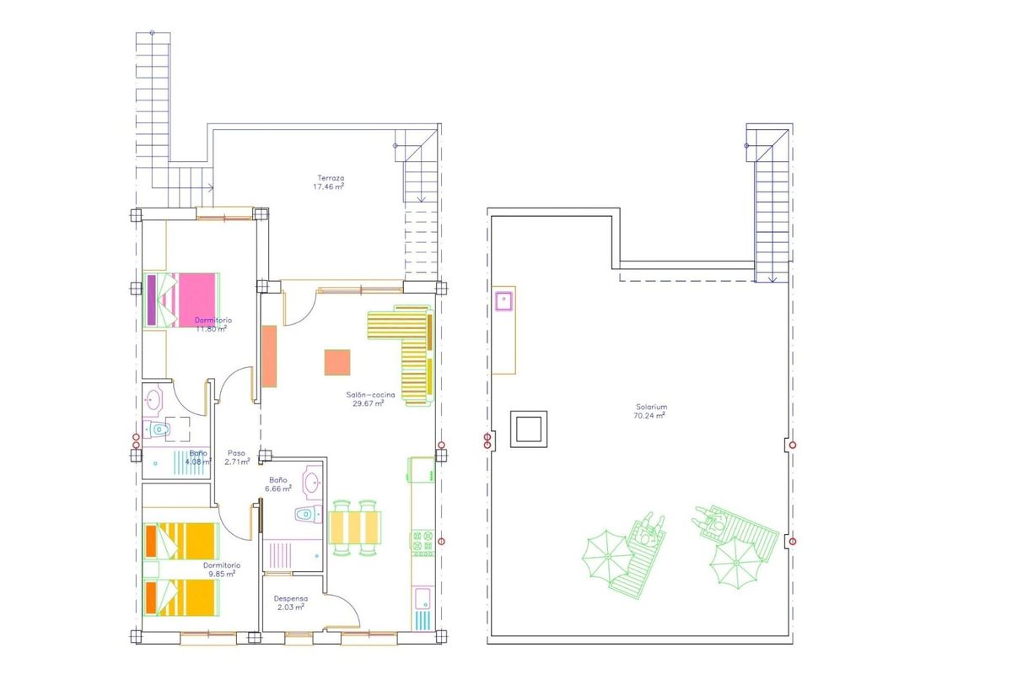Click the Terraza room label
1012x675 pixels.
pos(331,178)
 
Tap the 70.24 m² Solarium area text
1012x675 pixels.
pos(650,415)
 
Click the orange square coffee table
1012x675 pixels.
pos(337,362)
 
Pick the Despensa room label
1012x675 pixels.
pos(291,598)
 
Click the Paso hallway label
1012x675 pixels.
pos(237,452)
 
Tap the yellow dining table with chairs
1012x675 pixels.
pos(355,528)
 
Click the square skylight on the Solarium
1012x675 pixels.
pos(529,429)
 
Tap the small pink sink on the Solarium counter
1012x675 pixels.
pos(504,300)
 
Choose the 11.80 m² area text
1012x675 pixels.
pos(211,329)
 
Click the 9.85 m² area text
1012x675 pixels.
pos(221,574)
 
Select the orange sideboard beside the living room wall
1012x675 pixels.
pos(270,356)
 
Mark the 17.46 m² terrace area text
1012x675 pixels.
pos(331,187)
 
